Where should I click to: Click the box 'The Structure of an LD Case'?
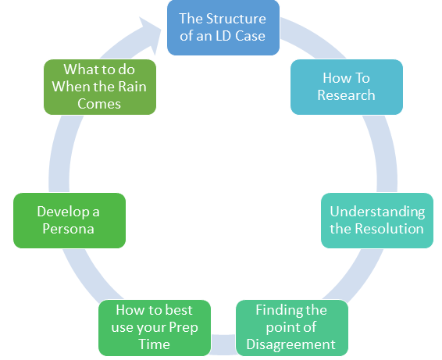pos(223,27)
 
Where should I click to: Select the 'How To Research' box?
pos(347,87)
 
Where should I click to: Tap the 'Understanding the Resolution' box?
pos(377,220)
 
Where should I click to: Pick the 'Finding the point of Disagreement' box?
pos(292,327)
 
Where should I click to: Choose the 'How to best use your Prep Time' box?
pos(155,327)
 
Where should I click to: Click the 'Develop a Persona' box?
pos(70,220)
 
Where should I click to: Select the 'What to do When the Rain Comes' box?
pos(100,87)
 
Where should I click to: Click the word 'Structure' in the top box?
pos(236,19)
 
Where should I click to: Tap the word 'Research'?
pos(346,95)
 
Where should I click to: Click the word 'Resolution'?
pos(389,229)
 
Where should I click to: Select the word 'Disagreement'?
pos(291,344)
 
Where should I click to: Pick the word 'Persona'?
pos(68,229)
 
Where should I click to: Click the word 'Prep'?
pos(184,328)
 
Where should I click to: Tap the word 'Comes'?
pos(99,104)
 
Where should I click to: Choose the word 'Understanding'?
pos(377,212)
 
